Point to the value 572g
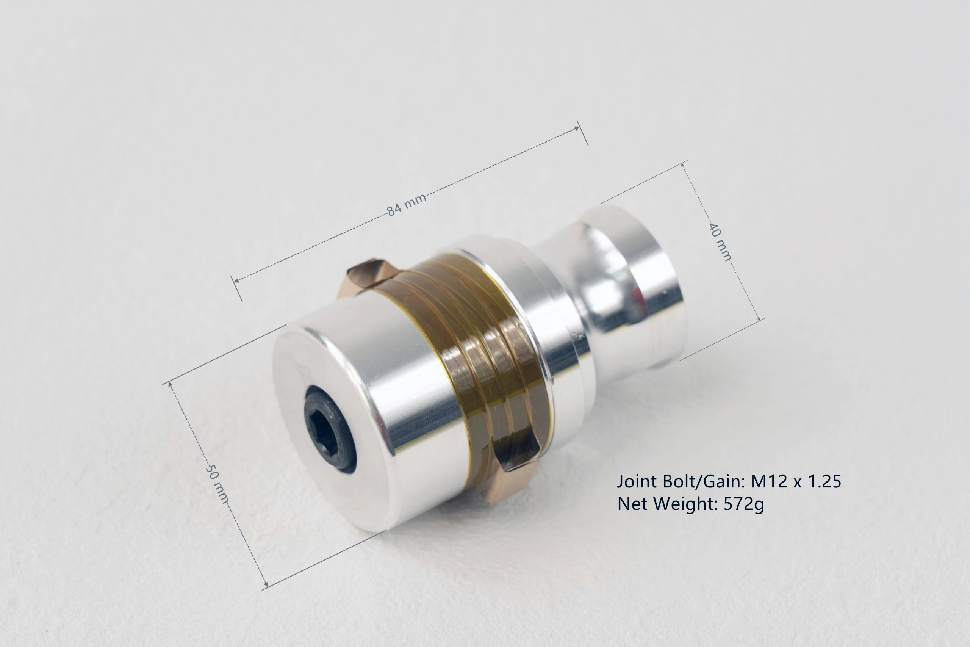coord(743,504)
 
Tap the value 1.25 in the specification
coord(824,481)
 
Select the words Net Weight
coord(666,504)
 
